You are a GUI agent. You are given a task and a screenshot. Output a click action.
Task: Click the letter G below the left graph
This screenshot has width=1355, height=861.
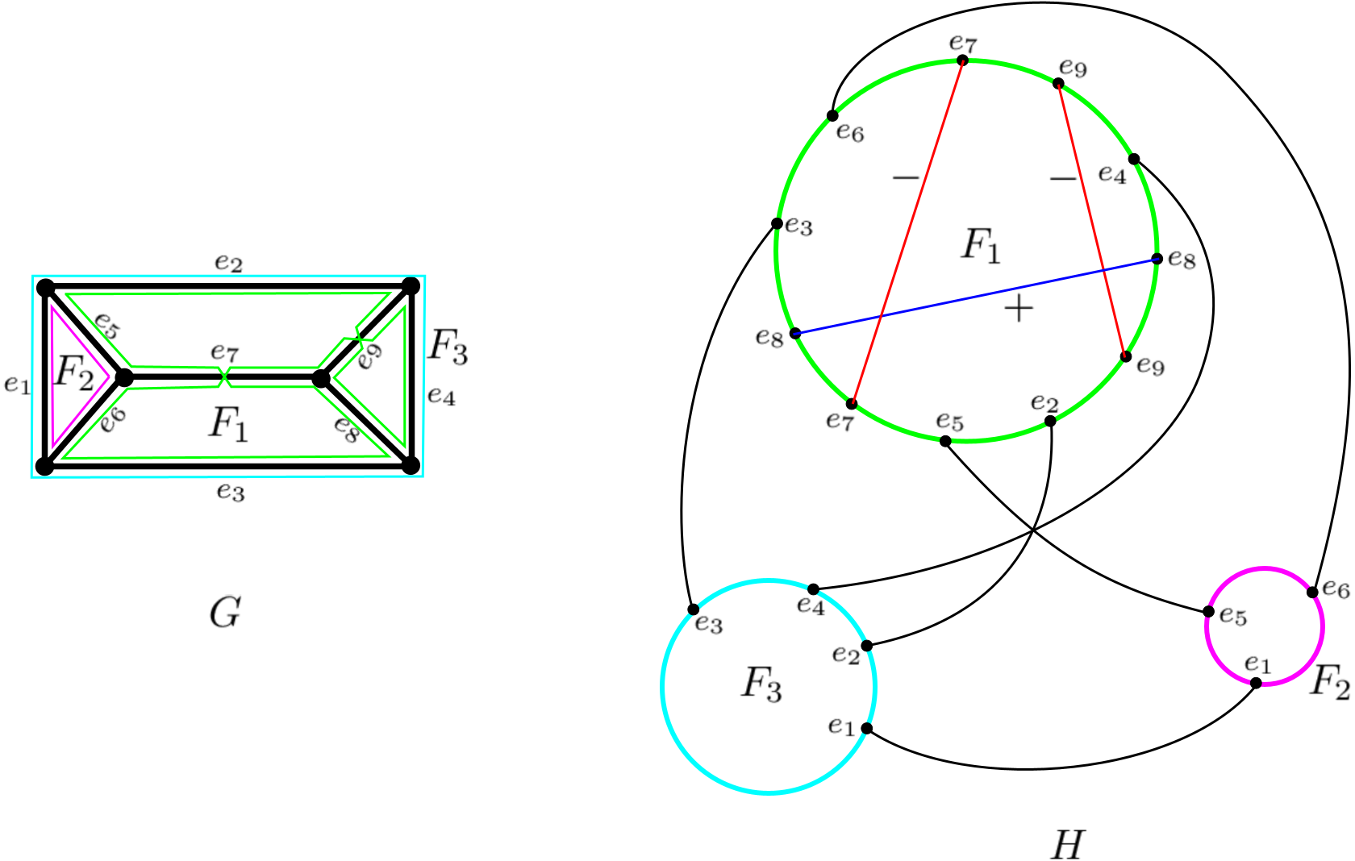point(225,612)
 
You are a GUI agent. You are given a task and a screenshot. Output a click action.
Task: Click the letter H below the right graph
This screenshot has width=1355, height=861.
point(1068,844)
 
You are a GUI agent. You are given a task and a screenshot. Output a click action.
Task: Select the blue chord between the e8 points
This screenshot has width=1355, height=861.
point(976,297)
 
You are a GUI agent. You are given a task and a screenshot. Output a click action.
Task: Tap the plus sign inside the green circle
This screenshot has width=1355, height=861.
point(1019,309)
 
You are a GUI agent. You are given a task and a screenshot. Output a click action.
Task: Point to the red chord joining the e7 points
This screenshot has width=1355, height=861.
point(907,232)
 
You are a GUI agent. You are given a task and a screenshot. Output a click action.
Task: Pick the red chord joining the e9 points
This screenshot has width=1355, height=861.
point(1092,220)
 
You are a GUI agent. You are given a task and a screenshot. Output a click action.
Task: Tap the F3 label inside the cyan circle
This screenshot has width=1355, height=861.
point(761,685)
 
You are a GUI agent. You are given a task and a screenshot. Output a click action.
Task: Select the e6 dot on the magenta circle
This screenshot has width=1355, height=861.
point(1312,592)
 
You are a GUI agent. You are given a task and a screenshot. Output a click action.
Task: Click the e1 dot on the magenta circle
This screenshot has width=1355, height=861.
point(1256,683)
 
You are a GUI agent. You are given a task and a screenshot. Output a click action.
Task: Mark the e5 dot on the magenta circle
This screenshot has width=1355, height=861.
point(1208,611)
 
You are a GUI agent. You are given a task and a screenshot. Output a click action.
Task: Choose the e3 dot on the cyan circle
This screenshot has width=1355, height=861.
point(694,609)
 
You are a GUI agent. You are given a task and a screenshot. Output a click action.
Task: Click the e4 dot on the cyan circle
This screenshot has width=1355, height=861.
point(814,589)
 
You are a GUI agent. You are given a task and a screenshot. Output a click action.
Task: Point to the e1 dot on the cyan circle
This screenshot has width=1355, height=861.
point(866,728)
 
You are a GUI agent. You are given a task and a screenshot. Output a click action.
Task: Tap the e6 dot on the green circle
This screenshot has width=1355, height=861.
point(832,115)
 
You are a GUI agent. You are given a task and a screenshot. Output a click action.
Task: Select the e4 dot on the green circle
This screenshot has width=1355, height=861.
point(1134,159)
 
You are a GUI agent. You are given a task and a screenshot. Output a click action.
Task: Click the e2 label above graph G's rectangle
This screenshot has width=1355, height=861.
point(229,264)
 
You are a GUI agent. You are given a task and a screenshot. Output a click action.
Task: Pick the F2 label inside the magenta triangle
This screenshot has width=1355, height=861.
point(74,374)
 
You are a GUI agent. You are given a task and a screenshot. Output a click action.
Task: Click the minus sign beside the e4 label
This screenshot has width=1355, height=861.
point(1063,178)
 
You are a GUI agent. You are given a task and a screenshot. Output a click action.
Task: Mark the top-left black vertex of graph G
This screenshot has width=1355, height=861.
point(45,288)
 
